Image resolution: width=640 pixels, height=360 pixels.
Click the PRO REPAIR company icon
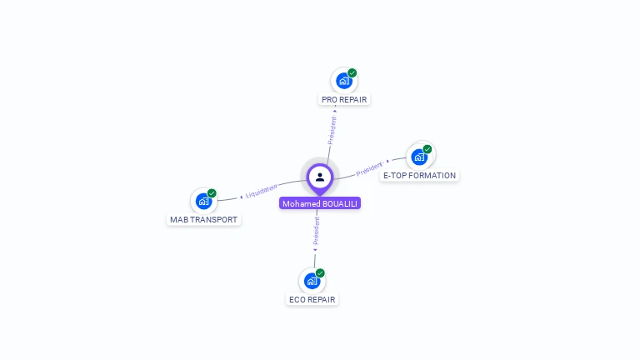click(343, 81)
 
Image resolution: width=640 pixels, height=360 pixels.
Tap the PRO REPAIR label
click(344, 100)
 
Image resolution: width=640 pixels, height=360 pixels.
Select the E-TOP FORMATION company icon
click(419, 156)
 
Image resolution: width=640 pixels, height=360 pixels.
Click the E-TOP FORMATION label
click(419, 176)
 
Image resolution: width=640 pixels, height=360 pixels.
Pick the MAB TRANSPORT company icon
click(203, 201)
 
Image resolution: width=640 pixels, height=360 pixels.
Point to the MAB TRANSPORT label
click(204, 220)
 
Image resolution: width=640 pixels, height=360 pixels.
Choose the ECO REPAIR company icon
click(312, 281)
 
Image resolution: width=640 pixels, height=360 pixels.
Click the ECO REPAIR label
click(312, 300)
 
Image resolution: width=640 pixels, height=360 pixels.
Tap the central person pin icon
click(320, 177)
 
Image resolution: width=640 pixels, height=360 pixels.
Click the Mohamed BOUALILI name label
click(320, 203)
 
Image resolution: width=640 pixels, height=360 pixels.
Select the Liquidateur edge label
click(262, 191)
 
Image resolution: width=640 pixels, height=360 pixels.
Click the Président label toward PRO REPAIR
click(332, 130)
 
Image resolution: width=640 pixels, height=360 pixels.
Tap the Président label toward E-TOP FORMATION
click(370, 169)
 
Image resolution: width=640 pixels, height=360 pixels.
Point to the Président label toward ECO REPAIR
click(317, 232)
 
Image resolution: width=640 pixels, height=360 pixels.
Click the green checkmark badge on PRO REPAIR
click(352, 73)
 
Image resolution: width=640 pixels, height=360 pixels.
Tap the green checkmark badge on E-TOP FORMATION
click(427, 149)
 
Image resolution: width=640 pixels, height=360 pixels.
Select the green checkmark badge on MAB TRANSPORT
click(212, 193)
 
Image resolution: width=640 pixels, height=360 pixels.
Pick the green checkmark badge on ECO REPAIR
click(320, 273)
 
